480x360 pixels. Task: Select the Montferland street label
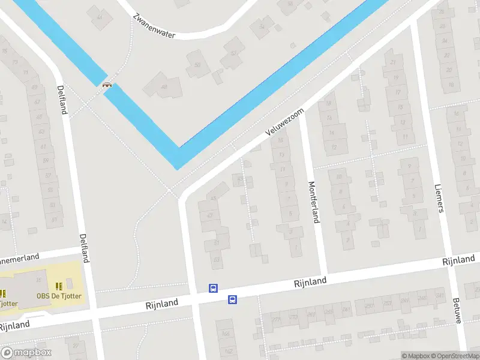[x=313, y=202]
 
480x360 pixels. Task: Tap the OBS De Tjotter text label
[x=59, y=296]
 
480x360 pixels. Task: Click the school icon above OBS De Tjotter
[x=59, y=286]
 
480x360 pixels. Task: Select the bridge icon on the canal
[x=107, y=85]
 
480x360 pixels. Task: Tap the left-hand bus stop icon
[x=213, y=289]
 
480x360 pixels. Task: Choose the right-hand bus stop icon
[x=232, y=299]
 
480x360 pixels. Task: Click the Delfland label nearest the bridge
[x=62, y=99]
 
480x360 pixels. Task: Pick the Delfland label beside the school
[x=85, y=247]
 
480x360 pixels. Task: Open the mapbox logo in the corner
[x=26, y=353]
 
